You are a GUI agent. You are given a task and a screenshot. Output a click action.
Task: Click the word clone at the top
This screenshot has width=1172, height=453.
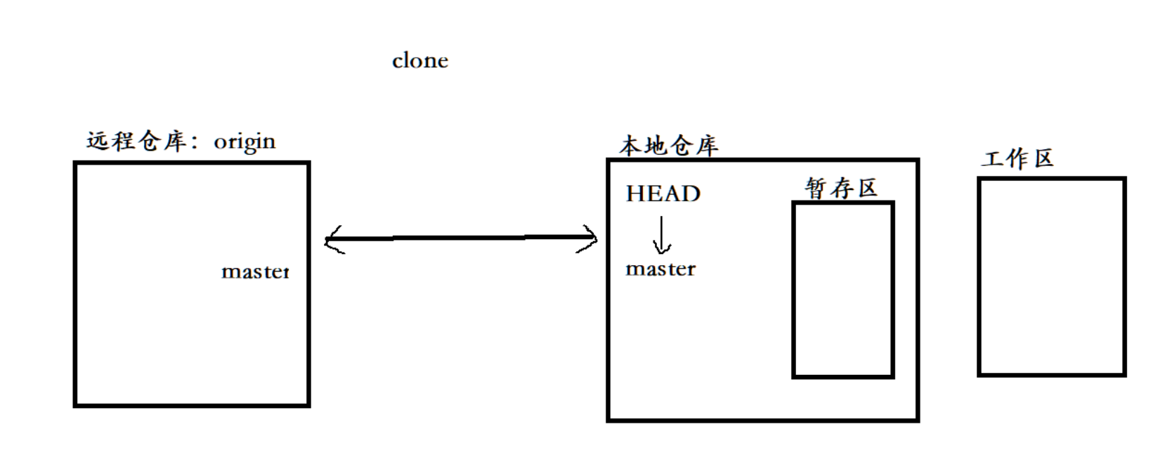coord(419,61)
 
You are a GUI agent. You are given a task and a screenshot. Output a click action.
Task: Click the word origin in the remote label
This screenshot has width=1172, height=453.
coord(245,142)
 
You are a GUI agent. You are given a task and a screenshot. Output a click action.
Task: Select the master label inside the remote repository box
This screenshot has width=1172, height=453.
coord(255,272)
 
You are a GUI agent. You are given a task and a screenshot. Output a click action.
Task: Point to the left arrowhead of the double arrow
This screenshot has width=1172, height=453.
coord(332,240)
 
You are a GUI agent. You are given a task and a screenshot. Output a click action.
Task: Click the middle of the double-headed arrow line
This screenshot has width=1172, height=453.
coord(460,238)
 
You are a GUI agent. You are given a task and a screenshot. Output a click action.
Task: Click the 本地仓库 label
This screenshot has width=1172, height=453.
coord(668,146)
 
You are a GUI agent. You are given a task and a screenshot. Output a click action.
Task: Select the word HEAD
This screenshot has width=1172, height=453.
coord(663,194)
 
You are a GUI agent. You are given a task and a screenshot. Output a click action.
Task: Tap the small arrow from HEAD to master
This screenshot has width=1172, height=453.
coord(661,235)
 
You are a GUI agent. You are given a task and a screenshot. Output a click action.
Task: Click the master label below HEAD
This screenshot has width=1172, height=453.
coord(660,269)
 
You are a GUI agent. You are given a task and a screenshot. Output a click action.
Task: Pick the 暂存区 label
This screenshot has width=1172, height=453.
coord(841,188)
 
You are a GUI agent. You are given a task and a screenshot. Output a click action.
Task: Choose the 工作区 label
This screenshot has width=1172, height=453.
coord(1017,159)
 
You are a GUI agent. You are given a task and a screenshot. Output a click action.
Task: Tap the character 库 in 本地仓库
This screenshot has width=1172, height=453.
coord(706,146)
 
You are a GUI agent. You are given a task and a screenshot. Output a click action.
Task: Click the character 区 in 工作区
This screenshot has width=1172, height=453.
coord(1043,159)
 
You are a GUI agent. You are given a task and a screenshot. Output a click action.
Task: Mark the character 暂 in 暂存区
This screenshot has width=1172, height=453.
coord(816,188)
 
